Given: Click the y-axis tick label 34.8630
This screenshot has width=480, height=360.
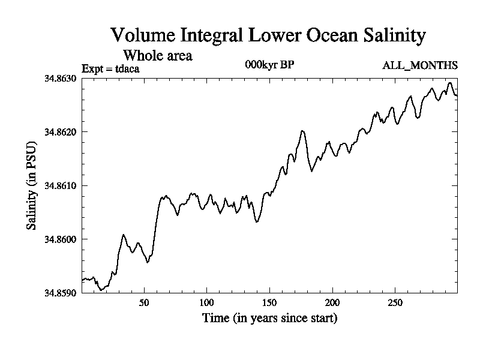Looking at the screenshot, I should tap(60, 78).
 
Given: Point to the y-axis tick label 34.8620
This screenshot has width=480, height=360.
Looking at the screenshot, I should tap(60, 131).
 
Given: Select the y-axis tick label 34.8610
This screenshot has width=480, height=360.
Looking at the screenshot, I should tap(60, 185).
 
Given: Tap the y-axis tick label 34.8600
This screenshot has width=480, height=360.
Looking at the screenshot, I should tap(60, 239).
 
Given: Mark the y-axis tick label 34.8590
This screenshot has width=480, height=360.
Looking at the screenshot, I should tap(60, 293).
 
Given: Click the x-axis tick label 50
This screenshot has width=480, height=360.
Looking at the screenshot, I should tap(144, 302).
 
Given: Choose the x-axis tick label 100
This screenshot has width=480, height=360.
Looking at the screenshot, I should tap(207, 302).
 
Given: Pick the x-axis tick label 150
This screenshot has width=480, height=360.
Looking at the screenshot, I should tap(269, 302).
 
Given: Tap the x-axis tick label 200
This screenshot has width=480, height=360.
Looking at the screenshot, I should tap(332, 302).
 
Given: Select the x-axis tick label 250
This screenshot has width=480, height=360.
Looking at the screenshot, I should tap(395, 302).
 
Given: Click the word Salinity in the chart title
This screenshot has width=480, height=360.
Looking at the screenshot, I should tap(389, 35).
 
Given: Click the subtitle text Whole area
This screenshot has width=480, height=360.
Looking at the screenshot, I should tap(157, 55).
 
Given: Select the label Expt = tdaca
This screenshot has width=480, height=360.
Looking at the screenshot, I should tap(110, 68).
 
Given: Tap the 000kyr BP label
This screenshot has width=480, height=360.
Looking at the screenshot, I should tap(269, 65).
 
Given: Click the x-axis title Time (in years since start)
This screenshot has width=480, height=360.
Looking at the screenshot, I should tap(269, 318).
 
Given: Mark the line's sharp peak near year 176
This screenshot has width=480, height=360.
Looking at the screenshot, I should tap(302, 131).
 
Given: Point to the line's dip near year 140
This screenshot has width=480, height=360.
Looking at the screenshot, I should tap(257, 222).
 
